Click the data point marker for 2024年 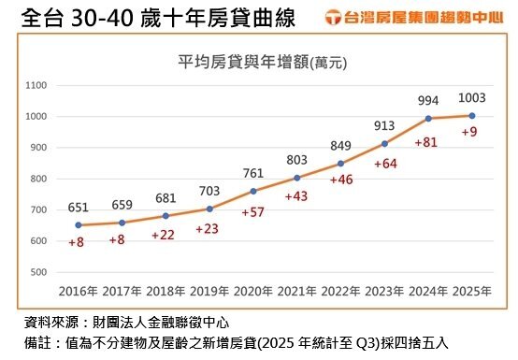click(x=429, y=118)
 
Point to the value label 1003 click(x=472, y=98)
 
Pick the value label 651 click(x=79, y=208)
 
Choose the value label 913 click(x=384, y=125)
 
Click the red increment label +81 click(x=425, y=142)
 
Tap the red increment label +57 click(x=252, y=212)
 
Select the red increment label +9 click(x=470, y=133)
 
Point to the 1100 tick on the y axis click(x=36, y=85)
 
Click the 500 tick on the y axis click(x=38, y=272)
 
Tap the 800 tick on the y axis click(x=38, y=179)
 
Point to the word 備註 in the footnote click(x=37, y=343)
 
